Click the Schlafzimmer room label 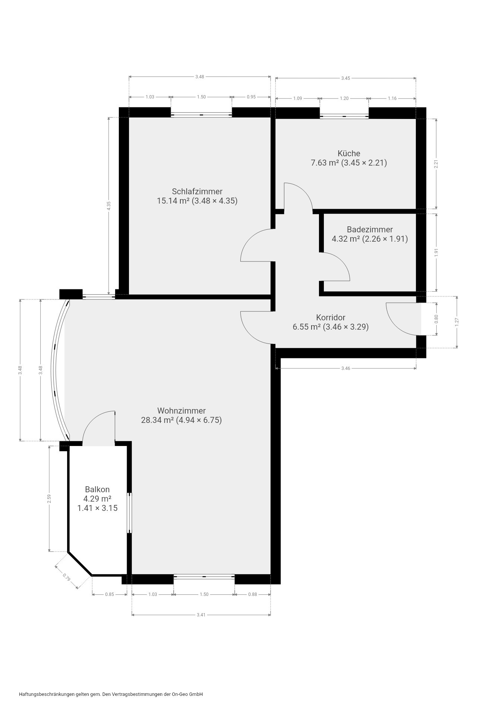(197, 191)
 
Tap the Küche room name (349, 153)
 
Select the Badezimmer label (370, 229)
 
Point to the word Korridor (331, 317)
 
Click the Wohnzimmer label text (181, 411)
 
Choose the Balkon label (97, 489)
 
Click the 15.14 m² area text (173, 201)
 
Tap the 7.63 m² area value (325, 163)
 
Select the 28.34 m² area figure (158, 420)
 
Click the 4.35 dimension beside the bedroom (109, 206)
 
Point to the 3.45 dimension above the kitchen (345, 78)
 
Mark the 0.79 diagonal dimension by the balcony (67, 578)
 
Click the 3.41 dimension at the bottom (201, 615)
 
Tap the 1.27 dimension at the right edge (457, 322)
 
